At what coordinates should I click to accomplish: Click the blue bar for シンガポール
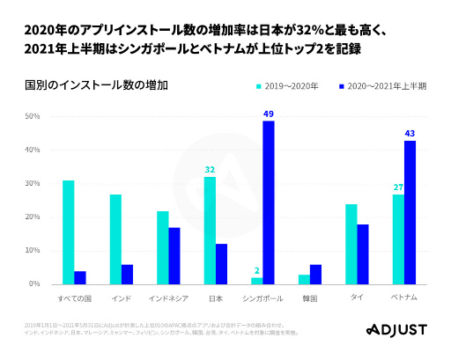click(269, 202)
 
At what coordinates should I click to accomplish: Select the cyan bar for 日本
click(210, 231)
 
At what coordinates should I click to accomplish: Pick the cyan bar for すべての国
click(69, 232)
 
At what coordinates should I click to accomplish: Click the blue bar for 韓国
click(315, 275)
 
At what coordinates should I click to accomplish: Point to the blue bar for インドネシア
click(174, 256)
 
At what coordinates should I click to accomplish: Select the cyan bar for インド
click(115, 239)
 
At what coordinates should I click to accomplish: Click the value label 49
click(269, 114)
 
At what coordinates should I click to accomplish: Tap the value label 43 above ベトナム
click(410, 134)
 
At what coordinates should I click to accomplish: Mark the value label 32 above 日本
click(210, 170)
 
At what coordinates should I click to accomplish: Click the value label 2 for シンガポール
click(256, 271)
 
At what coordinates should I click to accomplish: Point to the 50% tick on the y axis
click(33, 116)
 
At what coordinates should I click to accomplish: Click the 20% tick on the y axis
click(33, 217)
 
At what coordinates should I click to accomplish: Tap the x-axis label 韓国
click(310, 298)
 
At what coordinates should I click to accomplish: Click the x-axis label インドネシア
click(168, 298)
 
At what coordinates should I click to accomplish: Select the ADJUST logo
click(396, 330)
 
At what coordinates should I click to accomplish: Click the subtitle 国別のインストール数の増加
click(85, 85)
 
